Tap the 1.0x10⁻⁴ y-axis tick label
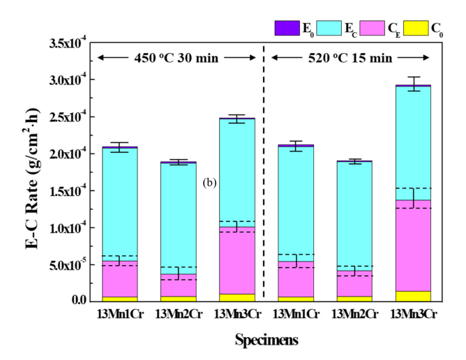66,228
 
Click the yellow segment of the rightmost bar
413,296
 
